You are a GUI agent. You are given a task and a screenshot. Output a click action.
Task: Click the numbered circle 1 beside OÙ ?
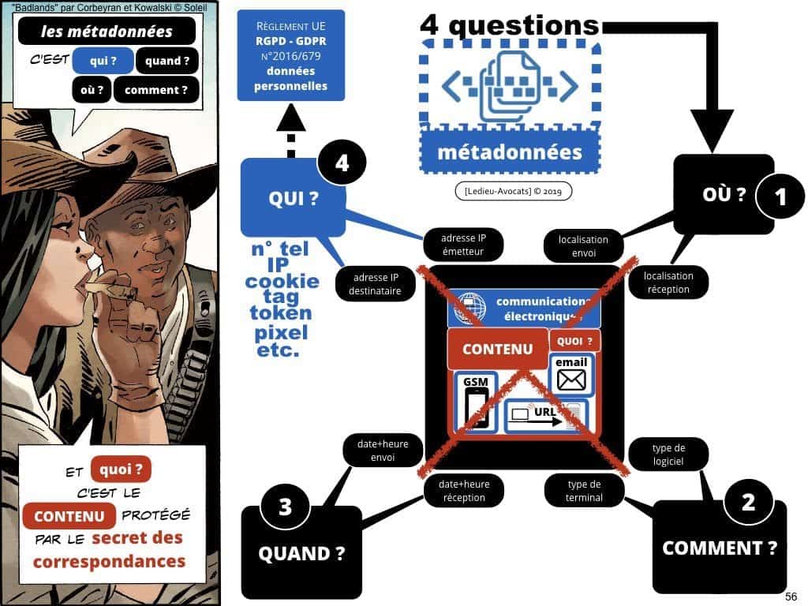tap(781, 196)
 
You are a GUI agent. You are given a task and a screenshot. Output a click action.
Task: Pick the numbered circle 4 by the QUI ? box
tap(342, 164)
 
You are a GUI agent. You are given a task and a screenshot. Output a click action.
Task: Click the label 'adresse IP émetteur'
tap(463, 245)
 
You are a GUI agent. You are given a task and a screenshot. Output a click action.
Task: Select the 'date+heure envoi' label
tap(382, 452)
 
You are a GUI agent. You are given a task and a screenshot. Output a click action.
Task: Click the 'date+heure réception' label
tap(464, 491)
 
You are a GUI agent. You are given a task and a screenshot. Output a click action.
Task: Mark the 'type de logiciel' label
tap(668, 454)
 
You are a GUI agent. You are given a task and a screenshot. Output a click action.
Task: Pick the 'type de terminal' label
tap(584, 491)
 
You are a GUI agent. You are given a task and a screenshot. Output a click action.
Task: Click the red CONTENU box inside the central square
tap(497, 349)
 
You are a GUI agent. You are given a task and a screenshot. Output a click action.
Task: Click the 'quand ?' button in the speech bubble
tap(167, 61)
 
